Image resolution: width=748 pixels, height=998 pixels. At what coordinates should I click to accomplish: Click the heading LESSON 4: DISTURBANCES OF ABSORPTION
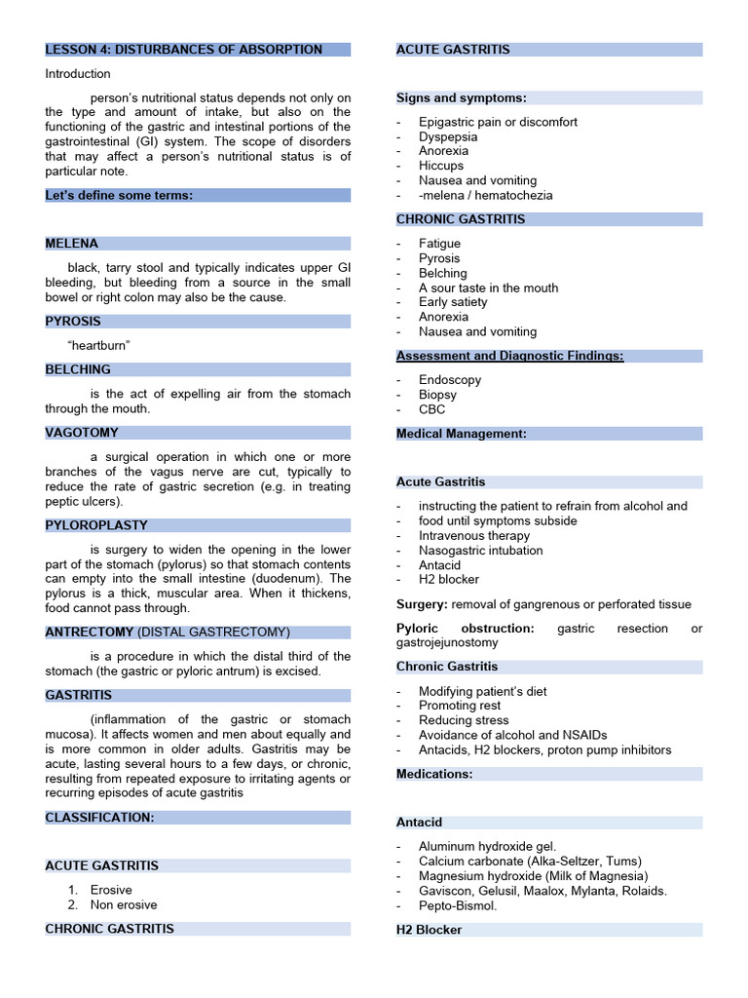(x=184, y=50)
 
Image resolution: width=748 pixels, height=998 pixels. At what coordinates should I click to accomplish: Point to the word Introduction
(x=78, y=74)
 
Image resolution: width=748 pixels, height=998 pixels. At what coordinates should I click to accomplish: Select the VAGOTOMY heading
(x=82, y=433)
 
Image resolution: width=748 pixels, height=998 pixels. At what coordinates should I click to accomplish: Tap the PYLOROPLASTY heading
(x=90, y=525)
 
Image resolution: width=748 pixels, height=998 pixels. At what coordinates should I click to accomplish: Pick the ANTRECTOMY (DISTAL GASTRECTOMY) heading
(x=168, y=633)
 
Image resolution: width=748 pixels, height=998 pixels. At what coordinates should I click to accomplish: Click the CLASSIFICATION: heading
(x=99, y=818)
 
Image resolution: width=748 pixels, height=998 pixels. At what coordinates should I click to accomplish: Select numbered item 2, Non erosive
(x=123, y=904)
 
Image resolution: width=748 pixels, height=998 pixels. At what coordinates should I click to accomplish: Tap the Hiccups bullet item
(x=441, y=166)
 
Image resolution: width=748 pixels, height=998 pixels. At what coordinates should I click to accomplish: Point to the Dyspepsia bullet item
(x=448, y=136)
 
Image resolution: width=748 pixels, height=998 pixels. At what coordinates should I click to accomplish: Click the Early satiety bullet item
(x=453, y=302)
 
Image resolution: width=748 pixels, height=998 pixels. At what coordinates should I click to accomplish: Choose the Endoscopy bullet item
(x=450, y=380)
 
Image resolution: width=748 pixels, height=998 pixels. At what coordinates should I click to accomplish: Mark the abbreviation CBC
(x=432, y=409)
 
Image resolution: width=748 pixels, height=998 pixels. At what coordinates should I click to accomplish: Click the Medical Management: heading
(x=462, y=434)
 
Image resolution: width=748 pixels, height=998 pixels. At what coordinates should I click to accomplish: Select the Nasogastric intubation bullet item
(x=481, y=551)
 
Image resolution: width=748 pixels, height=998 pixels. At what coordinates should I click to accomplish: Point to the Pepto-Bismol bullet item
(x=458, y=905)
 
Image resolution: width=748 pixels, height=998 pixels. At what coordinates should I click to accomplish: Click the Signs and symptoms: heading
(x=462, y=98)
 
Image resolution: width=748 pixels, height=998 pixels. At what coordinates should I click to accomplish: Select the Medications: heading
(x=434, y=774)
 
